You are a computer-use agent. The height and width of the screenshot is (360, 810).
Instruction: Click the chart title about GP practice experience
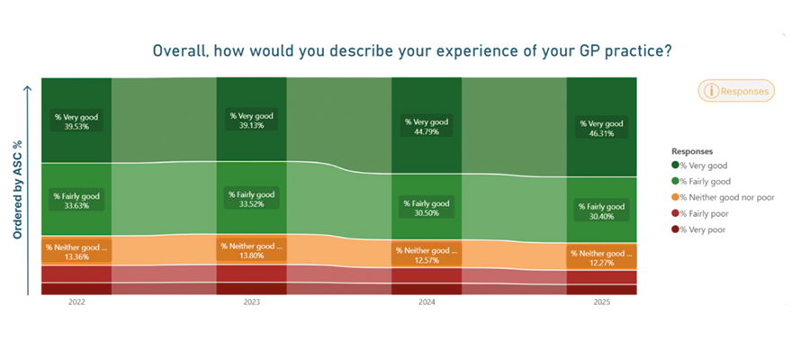[x=411, y=51]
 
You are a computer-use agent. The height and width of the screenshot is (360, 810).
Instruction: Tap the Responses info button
[x=736, y=91]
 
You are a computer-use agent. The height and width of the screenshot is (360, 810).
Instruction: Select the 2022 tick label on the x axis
[x=76, y=302]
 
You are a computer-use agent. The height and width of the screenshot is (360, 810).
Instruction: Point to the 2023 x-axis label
[x=252, y=302]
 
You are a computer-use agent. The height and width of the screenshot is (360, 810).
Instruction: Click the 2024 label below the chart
[x=427, y=302]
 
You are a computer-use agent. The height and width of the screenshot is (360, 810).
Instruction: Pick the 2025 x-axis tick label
[x=602, y=302]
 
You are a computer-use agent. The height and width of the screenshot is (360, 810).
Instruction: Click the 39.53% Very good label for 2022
[x=76, y=121]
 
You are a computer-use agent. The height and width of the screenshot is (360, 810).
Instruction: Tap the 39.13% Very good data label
[x=252, y=121]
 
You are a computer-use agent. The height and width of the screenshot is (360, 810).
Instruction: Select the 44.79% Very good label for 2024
[x=427, y=127]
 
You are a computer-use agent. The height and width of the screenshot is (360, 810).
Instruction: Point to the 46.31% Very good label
[x=602, y=128]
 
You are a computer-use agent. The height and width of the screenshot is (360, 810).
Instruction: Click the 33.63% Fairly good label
[x=76, y=201]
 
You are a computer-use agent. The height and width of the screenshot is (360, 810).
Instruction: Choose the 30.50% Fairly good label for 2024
[x=427, y=208]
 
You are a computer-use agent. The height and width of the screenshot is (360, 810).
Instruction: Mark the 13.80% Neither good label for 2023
[x=252, y=250]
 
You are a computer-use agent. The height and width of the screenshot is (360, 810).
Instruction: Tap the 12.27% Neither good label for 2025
[x=602, y=257]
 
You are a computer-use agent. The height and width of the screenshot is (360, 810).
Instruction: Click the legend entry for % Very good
[x=699, y=166]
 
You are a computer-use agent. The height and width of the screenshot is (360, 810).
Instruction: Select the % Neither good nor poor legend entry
[x=723, y=197]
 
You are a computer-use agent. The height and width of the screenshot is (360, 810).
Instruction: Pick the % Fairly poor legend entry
[x=701, y=213]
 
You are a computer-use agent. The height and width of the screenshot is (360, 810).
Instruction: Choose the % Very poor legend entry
[x=698, y=229]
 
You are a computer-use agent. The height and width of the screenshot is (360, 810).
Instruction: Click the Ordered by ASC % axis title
[x=18, y=192]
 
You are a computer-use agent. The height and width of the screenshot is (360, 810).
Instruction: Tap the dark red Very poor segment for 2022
[x=76, y=289]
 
